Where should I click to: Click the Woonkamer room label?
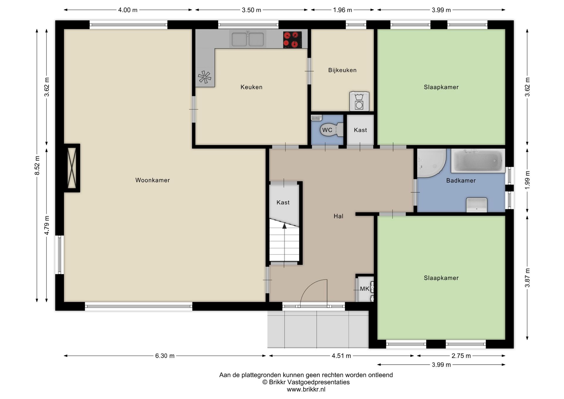(x=152, y=180)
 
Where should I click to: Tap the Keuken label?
(x=251, y=87)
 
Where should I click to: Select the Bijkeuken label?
(x=342, y=70)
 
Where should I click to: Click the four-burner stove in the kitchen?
(x=293, y=40)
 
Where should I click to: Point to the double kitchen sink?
(x=248, y=39)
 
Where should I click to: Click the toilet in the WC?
(x=332, y=130)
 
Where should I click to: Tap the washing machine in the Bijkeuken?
(x=359, y=101)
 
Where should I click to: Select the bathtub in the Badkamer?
(x=478, y=161)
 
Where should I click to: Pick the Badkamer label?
(x=461, y=181)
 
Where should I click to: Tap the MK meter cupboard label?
(x=365, y=289)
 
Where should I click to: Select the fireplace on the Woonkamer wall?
(x=72, y=168)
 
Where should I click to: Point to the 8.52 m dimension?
(x=37, y=165)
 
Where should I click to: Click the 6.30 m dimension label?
(x=165, y=356)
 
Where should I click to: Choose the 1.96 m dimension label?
(x=343, y=10)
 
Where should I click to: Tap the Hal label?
(x=338, y=216)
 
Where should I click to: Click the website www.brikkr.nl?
(x=306, y=390)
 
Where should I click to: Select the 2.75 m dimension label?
(x=461, y=356)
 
